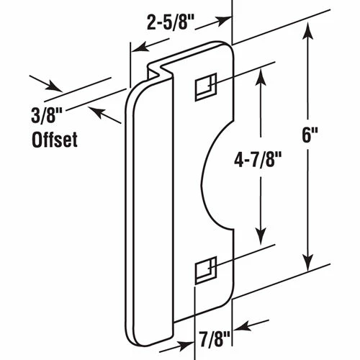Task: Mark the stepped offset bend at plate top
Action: (160, 71)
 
